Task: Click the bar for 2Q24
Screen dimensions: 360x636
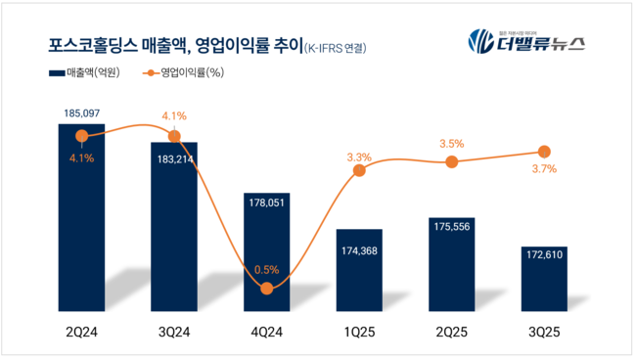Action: pyautogui.click(x=82, y=215)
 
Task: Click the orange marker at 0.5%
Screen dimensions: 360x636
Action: pyautogui.click(x=266, y=288)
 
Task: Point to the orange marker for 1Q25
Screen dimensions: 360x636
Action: pyautogui.click(x=359, y=170)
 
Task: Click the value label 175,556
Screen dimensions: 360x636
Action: pyautogui.click(x=451, y=236)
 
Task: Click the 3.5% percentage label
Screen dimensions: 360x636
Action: pyautogui.click(x=451, y=144)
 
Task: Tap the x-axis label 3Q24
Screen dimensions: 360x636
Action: pyautogui.click(x=174, y=332)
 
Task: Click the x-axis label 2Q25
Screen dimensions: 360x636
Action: pyautogui.click(x=451, y=332)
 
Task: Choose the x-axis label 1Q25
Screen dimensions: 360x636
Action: pyautogui.click(x=359, y=332)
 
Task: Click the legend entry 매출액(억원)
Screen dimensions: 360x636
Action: pyautogui.click(x=89, y=74)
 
